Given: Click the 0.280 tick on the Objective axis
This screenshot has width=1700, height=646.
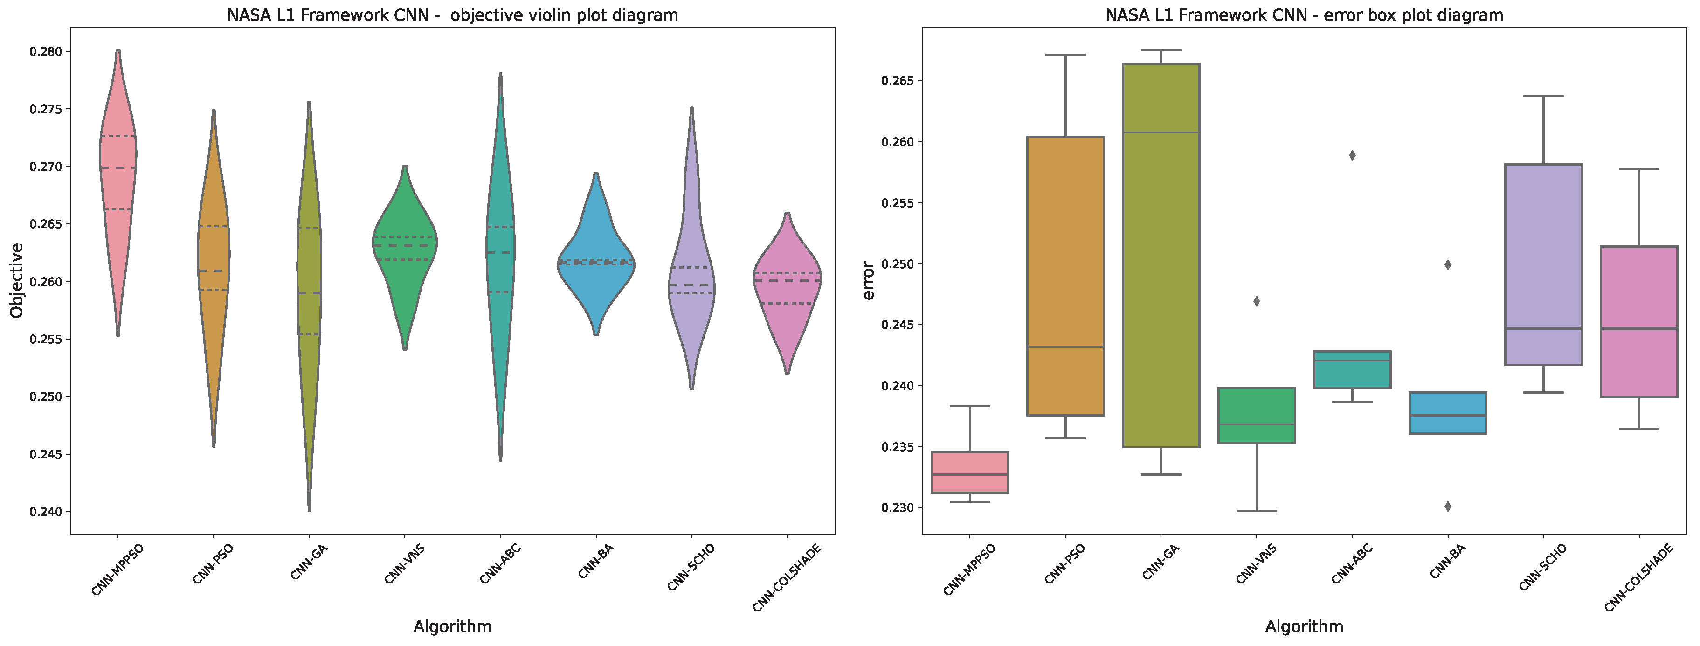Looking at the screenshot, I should click(46, 51).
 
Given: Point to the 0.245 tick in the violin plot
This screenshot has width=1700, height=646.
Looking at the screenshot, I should click(46, 454).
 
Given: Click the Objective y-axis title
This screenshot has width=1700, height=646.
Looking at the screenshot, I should click(16, 280).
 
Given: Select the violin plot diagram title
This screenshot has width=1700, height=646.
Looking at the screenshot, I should click(452, 14).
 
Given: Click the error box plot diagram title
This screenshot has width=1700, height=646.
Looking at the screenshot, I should click(1304, 14).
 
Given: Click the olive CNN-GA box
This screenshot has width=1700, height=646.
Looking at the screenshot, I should click(1161, 264).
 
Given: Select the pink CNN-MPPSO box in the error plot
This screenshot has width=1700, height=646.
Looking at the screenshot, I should click(969, 472).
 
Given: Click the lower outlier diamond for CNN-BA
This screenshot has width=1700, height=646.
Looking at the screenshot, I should click(1448, 507).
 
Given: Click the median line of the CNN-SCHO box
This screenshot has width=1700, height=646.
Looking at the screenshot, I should click(1543, 329).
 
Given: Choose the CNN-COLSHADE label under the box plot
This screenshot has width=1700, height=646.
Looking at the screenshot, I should click(1638, 577).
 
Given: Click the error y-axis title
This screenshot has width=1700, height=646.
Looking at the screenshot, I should click(869, 280).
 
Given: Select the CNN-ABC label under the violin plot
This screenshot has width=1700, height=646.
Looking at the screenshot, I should click(499, 564).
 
